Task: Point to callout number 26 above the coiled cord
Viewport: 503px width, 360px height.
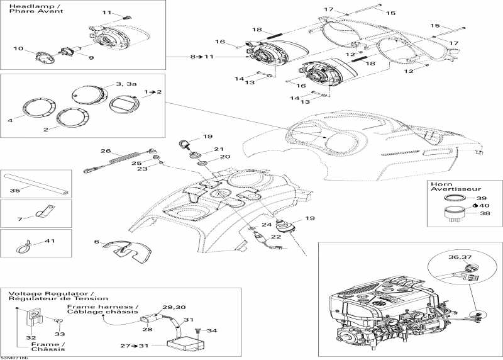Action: pos(105,152)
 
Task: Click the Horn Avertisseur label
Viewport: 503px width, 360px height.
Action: pos(448,188)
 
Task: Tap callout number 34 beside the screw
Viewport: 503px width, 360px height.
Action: pos(213,331)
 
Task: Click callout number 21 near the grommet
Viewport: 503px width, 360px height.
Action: pos(219,149)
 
